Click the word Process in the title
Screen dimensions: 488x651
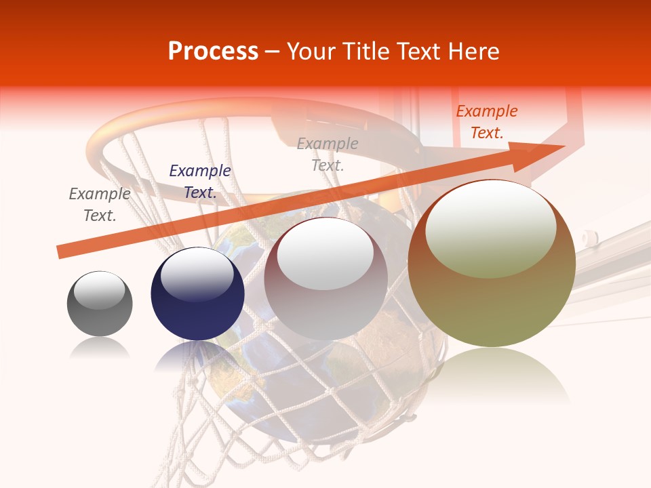click(213, 52)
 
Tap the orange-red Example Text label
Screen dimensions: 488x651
click(487, 122)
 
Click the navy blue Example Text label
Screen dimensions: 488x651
click(200, 182)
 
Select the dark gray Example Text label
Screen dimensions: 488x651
click(100, 205)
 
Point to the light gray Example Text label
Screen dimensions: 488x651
click(328, 154)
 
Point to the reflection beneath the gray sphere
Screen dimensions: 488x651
click(100, 349)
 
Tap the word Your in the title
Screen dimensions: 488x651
click(311, 52)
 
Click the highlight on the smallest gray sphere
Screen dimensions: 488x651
click(99, 290)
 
